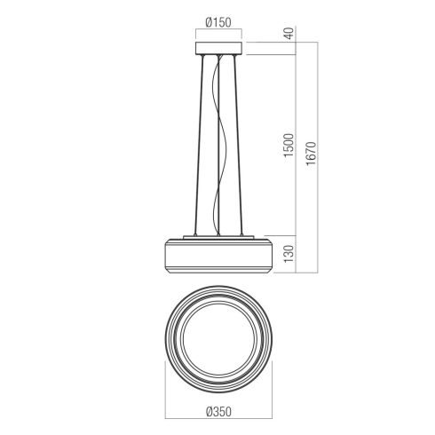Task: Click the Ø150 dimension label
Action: [x=218, y=22]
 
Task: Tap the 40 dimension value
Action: [x=289, y=33]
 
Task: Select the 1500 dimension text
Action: [x=289, y=145]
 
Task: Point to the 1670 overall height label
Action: [x=311, y=154]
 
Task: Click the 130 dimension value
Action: [x=289, y=253]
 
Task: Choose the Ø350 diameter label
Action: [x=218, y=411]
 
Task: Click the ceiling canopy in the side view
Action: [x=218, y=48]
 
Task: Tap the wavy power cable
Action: [x=220, y=145]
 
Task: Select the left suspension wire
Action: [x=199, y=145]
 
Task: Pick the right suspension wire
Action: [x=239, y=145]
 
